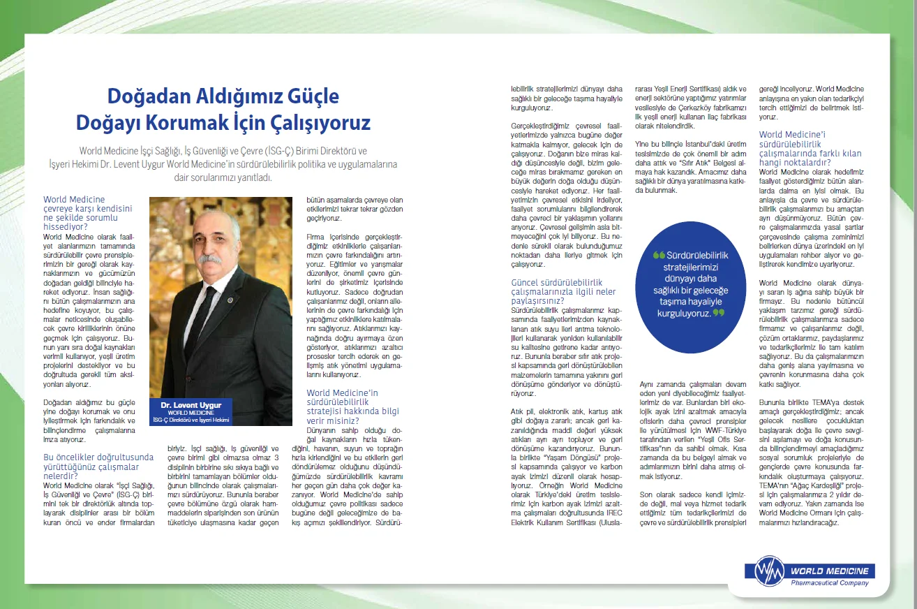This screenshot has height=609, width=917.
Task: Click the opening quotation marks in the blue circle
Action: pos(658,256)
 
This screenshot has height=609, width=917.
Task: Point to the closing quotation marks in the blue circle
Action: pos(718,313)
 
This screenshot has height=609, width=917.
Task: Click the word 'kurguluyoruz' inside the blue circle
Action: pos(684,314)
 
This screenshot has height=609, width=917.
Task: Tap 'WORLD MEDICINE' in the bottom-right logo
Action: pos(829,571)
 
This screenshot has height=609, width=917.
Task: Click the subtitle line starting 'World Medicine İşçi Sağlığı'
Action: pos(223,150)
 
